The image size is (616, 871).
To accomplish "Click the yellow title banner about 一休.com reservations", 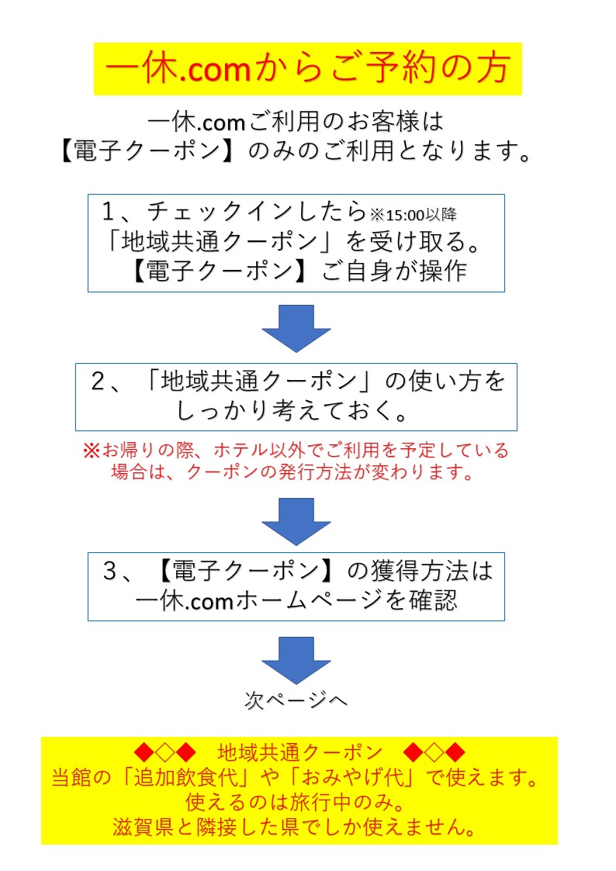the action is [308, 69].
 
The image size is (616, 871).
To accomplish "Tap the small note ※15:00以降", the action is [414, 214].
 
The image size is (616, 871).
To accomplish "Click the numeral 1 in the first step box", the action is [109, 212].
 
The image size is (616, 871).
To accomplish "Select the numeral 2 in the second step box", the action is [99, 381].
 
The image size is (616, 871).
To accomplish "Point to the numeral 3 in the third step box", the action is [110, 571].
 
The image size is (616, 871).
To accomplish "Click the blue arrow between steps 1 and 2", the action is [296, 328].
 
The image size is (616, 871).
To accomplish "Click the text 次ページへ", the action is [296, 700].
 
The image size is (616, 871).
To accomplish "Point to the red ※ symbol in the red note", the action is [91, 450].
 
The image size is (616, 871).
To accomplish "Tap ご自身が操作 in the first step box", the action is [394, 271].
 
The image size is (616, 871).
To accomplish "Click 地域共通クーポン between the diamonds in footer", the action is [300, 752].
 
